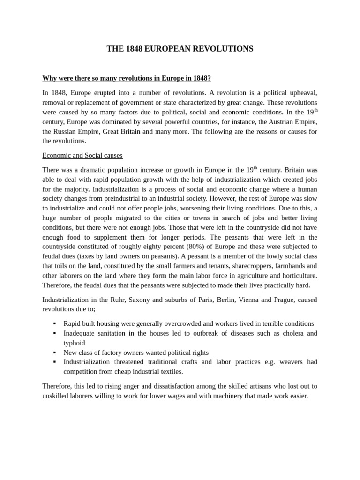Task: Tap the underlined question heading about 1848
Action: tap(127, 78)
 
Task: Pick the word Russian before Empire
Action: tap(67, 131)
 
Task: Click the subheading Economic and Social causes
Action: tap(82, 155)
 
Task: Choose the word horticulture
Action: tap(296, 275)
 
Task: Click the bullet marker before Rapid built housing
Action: tap(54, 323)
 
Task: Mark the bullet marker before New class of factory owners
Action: tap(54, 352)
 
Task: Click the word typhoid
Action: tap(75, 343)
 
